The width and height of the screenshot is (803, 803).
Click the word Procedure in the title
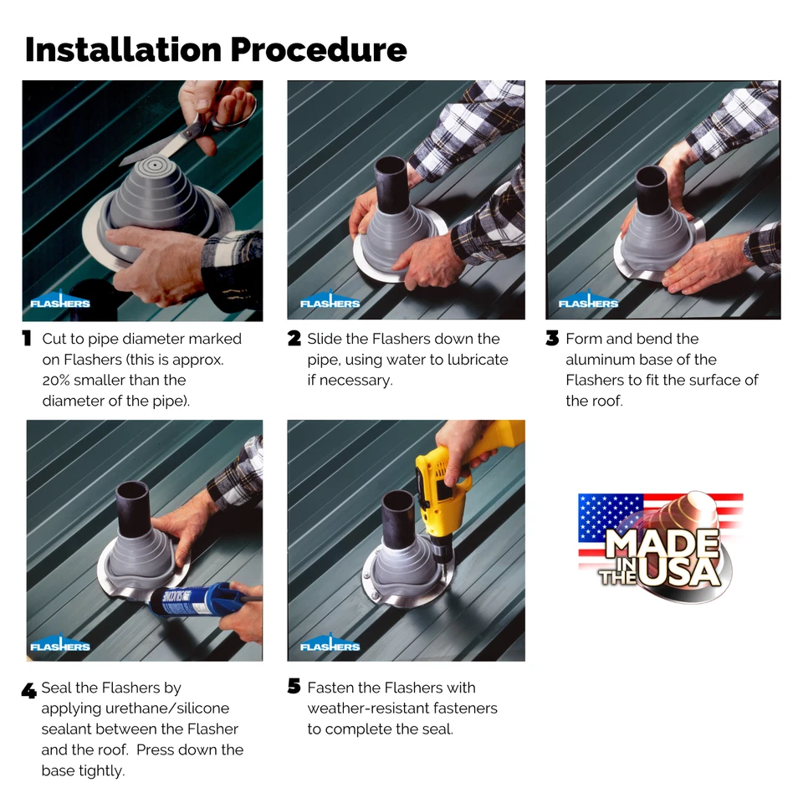click(x=318, y=49)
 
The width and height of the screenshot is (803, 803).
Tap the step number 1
click(x=27, y=339)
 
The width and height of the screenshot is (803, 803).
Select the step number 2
click(x=294, y=339)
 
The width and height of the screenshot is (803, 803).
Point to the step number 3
click(x=552, y=339)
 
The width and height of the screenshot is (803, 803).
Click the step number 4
click(x=28, y=691)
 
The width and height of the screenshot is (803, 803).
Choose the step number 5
click(x=294, y=688)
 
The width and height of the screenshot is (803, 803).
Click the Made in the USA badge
click(x=661, y=548)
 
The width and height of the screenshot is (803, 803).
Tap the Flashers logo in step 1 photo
click(x=60, y=302)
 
